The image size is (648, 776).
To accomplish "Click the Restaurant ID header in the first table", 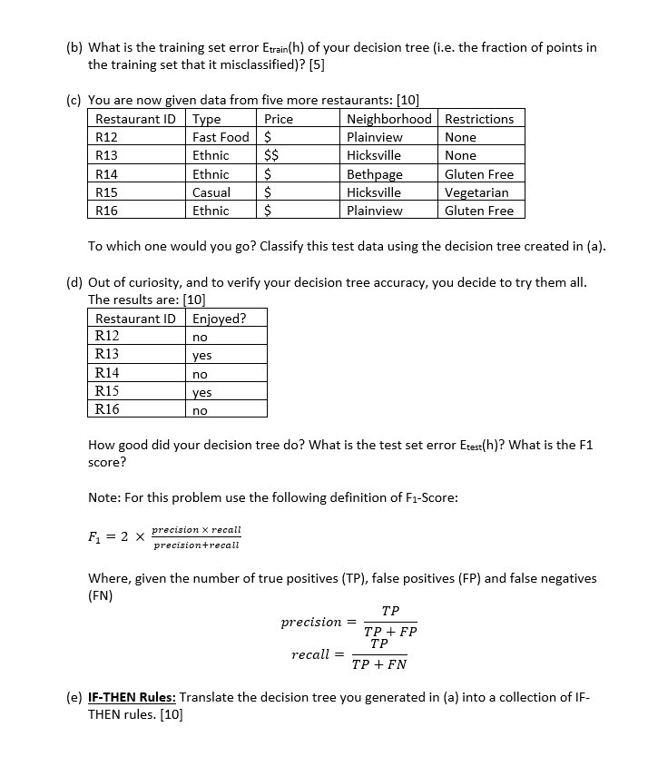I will pos(135,119).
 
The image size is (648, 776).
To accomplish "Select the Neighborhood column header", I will pos(389,119).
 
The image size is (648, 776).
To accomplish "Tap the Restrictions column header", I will pos(479,119).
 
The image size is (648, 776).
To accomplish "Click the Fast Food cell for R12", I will pos(221,137).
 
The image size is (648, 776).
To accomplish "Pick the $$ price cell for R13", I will pos(270,155).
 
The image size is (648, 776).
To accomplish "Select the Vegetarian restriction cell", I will pos(476,192).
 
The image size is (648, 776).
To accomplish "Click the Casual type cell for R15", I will pos(211,192).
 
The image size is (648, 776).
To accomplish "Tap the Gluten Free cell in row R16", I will pos(479,211).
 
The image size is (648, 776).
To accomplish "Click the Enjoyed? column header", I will pos(219,319).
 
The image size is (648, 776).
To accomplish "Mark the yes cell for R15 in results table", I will pos(201,392).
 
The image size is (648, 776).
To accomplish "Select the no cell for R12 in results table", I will pos(200,337).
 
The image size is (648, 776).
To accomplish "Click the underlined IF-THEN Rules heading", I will pos(132,697).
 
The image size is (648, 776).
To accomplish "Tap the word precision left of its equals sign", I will pos(310,622).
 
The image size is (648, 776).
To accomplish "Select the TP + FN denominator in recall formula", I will pos(379,663).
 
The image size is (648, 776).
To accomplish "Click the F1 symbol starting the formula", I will pos(95,536).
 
